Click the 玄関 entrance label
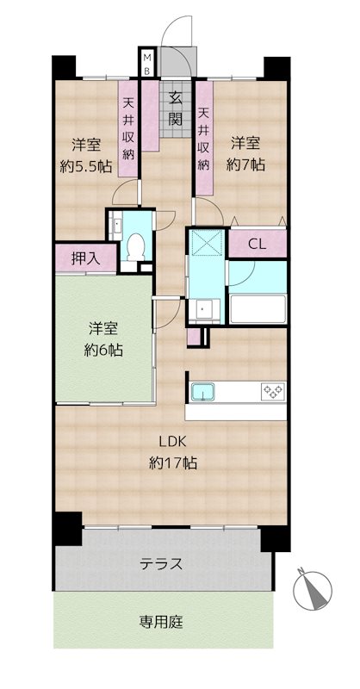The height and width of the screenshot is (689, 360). point(175,107)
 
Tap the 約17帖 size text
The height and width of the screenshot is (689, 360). point(173,463)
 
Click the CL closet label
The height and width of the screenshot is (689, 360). point(257,244)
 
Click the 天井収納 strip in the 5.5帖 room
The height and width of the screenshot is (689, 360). point(128,129)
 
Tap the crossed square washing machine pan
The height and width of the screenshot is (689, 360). point(206,244)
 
